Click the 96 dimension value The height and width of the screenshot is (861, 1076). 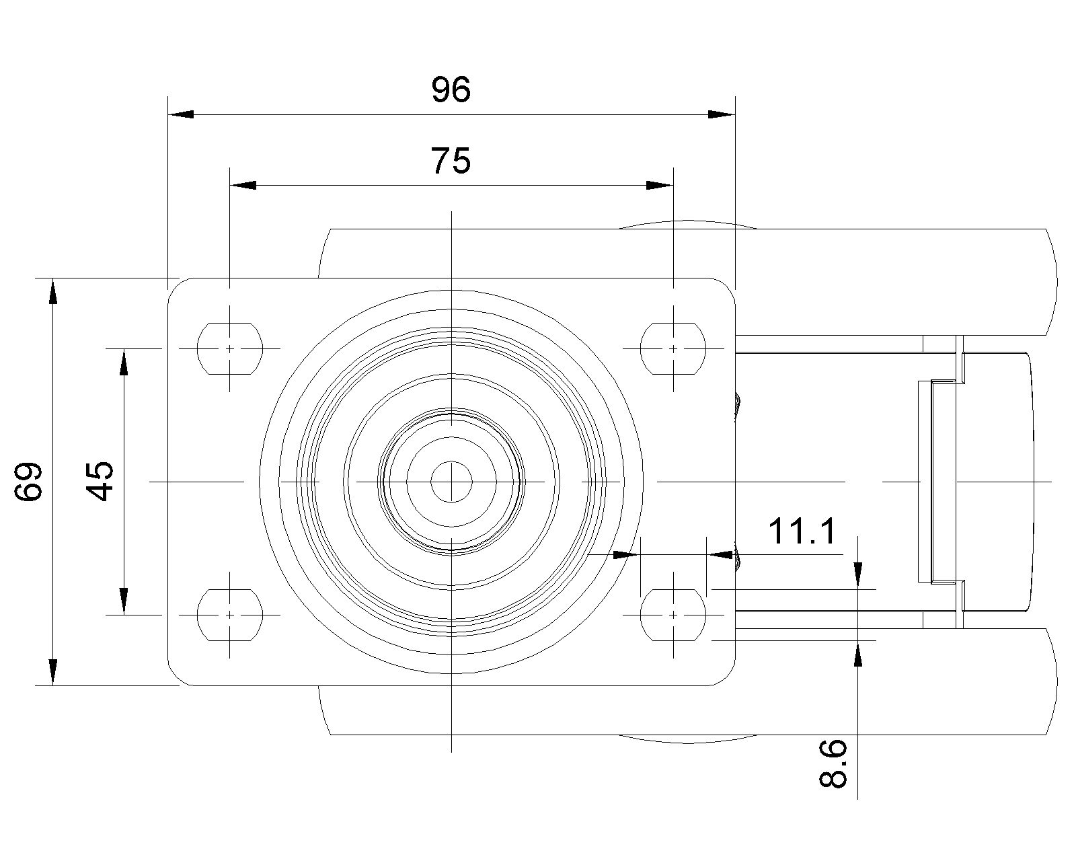pyautogui.click(x=451, y=90)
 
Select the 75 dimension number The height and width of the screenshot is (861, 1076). pyautogui.click(x=451, y=161)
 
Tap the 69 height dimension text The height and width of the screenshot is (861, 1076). pyautogui.click(x=30, y=481)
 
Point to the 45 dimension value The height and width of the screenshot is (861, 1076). pyautogui.click(x=101, y=481)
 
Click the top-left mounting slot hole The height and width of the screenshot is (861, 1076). pyautogui.click(x=229, y=348)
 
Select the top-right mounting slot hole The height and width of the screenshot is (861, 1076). pyautogui.click(x=673, y=348)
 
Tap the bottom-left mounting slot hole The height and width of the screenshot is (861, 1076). pyautogui.click(x=229, y=614)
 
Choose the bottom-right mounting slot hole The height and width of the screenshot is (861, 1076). pyautogui.click(x=673, y=614)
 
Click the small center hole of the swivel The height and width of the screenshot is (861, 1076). pyautogui.click(x=451, y=481)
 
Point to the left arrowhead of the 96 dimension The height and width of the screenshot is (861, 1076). pyautogui.click(x=180, y=114)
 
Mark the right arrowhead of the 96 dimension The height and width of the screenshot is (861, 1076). pyautogui.click(x=722, y=114)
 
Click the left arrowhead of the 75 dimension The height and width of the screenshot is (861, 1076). pyautogui.click(x=243, y=185)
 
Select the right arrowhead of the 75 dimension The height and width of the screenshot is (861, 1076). pyautogui.click(x=659, y=185)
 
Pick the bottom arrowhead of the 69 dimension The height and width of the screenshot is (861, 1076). pyautogui.click(x=53, y=671)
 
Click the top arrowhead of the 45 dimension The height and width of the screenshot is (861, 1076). pyautogui.click(x=124, y=363)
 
